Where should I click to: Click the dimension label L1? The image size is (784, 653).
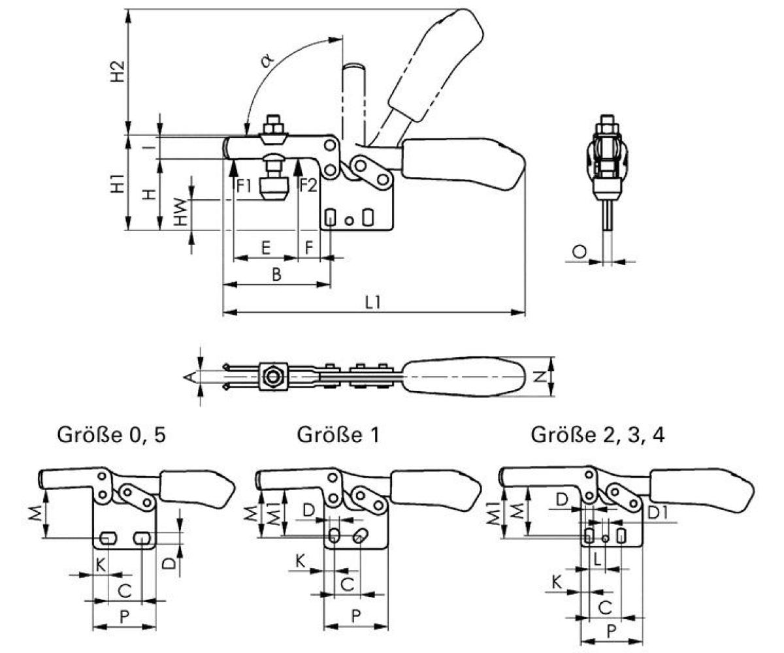373,302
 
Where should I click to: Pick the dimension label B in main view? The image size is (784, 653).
276,275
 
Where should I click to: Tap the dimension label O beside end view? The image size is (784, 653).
578,251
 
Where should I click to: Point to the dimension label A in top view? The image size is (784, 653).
189,377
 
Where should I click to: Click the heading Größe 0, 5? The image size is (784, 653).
111,435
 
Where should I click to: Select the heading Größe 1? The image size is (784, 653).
338,435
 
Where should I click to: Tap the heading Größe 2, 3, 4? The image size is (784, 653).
598,435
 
